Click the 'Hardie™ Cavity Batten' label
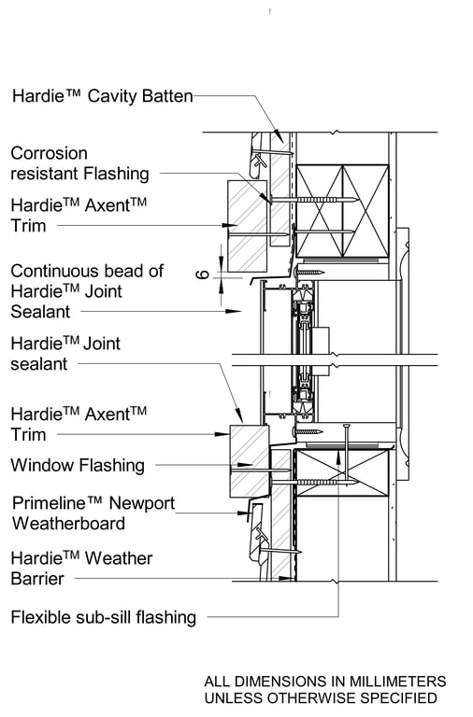(102, 96)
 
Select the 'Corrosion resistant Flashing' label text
(79, 163)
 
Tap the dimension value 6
(203, 274)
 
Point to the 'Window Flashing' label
(78, 465)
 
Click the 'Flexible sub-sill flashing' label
(104, 617)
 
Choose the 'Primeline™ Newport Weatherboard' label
(93, 513)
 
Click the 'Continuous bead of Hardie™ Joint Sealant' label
(87, 291)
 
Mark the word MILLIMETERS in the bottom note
(397, 682)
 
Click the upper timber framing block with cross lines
(342, 211)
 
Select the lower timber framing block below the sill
(341, 472)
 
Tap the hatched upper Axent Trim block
(248, 225)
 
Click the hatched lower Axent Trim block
(249, 461)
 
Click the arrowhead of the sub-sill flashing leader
(338, 456)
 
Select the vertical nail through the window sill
(347, 457)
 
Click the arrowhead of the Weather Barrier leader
(287, 579)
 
